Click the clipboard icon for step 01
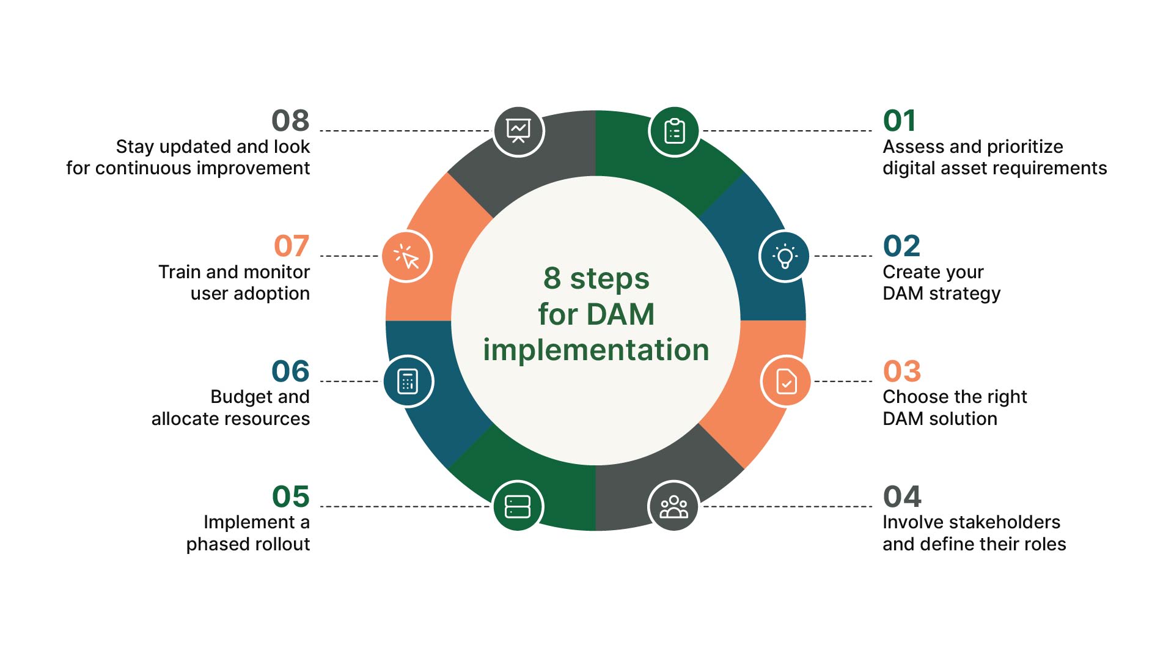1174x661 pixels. (674, 131)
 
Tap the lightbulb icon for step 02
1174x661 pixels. (785, 257)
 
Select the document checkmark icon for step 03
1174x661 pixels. (787, 382)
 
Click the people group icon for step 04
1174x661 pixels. (673, 506)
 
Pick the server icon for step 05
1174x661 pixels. (518, 506)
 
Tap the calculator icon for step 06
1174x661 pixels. (408, 381)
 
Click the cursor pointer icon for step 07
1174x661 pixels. (407, 257)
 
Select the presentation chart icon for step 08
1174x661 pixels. (518, 131)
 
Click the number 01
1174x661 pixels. (899, 120)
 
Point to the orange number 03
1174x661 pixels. (901, 371)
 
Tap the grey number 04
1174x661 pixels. (902, 497)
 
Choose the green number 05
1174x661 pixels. (291, 497)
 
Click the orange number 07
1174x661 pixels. (292, 246)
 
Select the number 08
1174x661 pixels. (290, 120)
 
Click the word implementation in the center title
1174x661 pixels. (596, 350)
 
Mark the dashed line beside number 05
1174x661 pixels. (403, 506)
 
